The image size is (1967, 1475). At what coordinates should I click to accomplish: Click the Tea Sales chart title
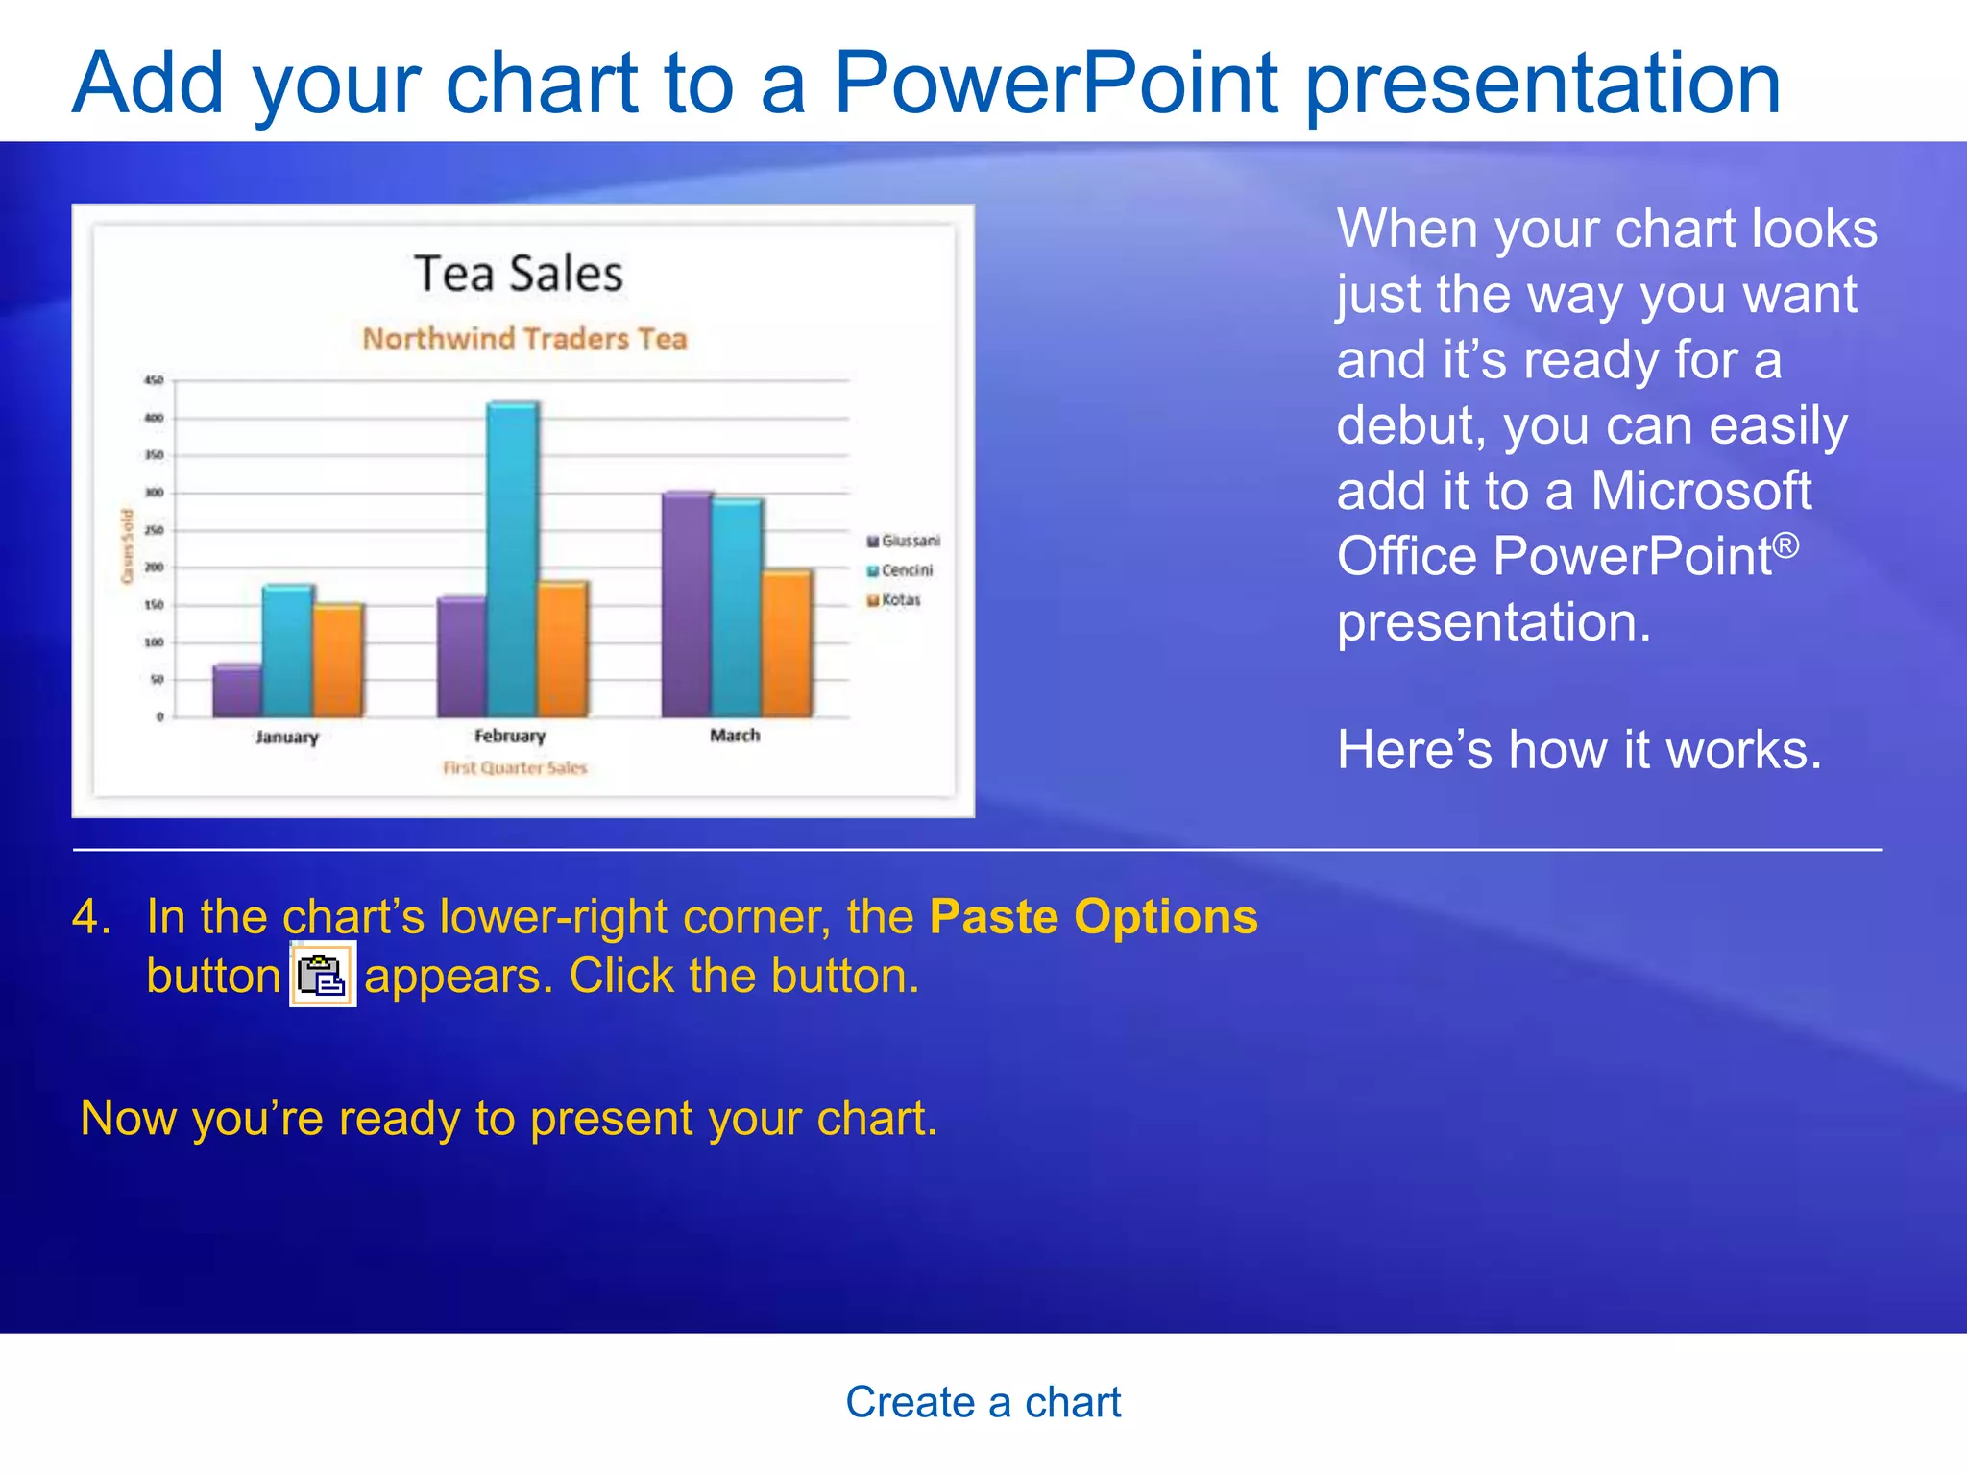519,274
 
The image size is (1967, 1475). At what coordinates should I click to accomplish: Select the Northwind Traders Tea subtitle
524,338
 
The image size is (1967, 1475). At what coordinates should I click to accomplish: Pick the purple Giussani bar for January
236,690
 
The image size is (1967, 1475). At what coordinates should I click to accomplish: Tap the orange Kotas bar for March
787,643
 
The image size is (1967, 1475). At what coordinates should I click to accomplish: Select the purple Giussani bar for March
687,605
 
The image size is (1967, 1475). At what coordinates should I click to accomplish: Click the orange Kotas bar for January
338,661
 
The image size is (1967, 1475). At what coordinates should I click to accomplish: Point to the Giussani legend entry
904,541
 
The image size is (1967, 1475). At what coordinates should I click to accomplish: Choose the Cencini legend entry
900,570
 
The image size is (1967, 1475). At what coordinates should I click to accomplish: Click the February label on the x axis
509,736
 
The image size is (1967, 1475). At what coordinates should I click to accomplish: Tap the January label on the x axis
286,737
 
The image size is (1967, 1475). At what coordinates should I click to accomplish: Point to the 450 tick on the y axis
154,380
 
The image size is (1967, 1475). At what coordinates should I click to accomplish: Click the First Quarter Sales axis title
514,767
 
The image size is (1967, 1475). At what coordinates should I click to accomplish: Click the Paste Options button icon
323,975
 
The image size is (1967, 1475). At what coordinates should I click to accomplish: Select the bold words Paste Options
1093,916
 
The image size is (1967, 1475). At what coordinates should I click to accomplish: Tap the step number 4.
90,916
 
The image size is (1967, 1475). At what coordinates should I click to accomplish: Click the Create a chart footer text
983,1402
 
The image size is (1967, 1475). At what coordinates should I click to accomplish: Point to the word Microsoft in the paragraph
1700,491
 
